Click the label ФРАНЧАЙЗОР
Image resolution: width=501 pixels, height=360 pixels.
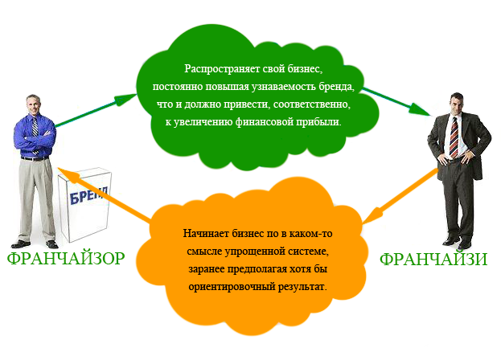click(66, 258)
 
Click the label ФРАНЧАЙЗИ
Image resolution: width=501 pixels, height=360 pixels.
click(433, 259)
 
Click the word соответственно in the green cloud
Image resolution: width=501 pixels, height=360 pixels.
click(311, 104)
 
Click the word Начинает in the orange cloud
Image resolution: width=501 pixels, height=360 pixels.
click(206, 234)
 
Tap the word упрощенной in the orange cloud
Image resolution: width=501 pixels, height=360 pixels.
click(250, 252)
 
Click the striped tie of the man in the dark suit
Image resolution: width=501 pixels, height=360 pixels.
click(454, 137)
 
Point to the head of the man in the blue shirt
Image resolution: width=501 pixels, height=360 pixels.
click(34, 104)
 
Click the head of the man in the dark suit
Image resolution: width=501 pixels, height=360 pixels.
click(456, 103)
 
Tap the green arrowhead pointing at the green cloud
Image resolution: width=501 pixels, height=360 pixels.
click(125, 99)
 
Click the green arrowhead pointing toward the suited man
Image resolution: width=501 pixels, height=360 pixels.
click(420, 109)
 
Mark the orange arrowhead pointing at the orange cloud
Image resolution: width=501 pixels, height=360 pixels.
click(373, 215)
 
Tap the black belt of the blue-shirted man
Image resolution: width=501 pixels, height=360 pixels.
click(35, 158)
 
